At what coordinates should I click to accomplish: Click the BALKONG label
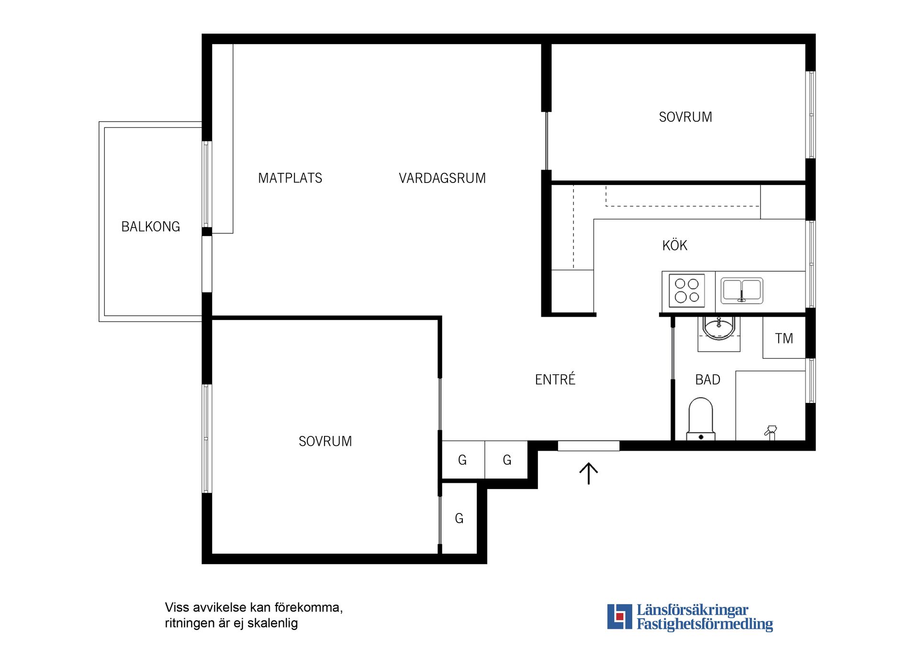(x=151, y=227)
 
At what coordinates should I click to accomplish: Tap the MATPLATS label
(x=290, y=178)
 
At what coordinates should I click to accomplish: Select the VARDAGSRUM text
(x=442, y=178)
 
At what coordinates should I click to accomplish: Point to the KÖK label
(x=675, y=245)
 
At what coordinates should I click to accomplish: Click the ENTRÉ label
(x=555, y=379)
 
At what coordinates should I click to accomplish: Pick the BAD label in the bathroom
(x=708, y=380)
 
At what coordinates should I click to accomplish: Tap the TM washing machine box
(x=784, y=338)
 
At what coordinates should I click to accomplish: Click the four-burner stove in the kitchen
(x=687, y=291)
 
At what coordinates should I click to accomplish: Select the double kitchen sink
(x=742, y=291)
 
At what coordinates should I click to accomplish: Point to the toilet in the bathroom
(x=701, y=419)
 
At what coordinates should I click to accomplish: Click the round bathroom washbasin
(x=718, y=328)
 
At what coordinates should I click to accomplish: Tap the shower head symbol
(x=771, y=432)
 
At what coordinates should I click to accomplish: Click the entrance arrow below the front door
(x=589, y=474)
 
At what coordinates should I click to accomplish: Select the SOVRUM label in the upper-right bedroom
(x=685, y=117)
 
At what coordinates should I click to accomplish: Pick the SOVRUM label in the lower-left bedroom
(x=325, y=441)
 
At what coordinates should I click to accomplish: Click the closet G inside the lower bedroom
(x=459, y=518)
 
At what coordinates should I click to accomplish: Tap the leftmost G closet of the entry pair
(x=462, y=460)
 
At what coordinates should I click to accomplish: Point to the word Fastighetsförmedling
(x=705, y=624)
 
